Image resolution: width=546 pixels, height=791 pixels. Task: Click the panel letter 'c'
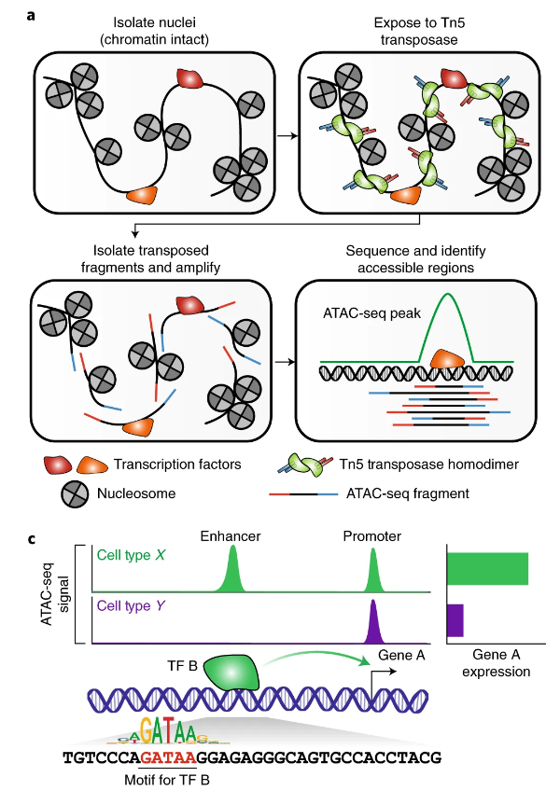pyautogui.click(x=33, y=539)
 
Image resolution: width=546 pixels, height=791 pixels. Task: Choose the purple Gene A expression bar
pyautogui.click(x=455, y=619)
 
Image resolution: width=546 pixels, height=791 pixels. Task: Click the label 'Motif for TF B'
pyautogui.click(x=169, y=778)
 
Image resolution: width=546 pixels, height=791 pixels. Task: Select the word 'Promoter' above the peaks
pyautogui.click(x=371, y=536)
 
